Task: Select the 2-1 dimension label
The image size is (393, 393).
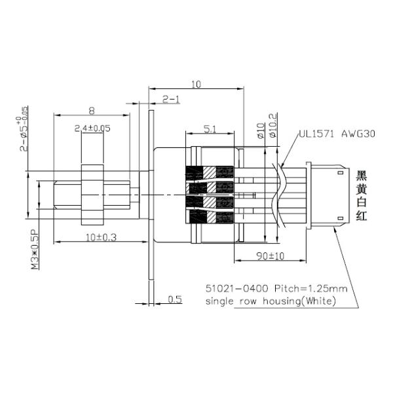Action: (172, 99)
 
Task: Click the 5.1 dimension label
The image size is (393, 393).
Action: (210, 130)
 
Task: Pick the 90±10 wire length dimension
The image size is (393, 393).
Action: (265, 255)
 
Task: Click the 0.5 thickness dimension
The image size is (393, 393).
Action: (174, 299)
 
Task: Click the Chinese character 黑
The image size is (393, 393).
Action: (361, 176)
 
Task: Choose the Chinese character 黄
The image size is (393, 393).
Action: (361, 190)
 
